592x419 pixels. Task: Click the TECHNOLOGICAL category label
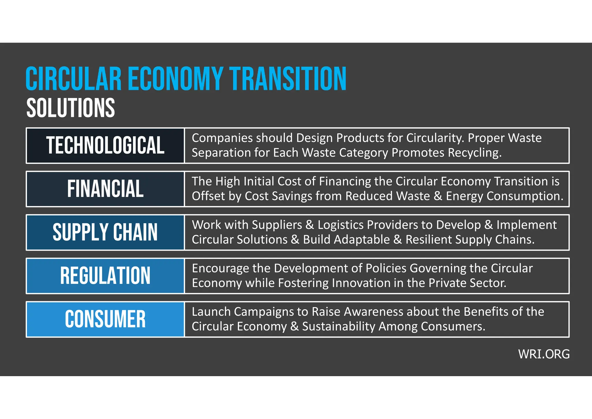pyautogui.click(x=105, y=145)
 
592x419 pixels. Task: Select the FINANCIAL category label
pyautogui.click(x=105, y=189)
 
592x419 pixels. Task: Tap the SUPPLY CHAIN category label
pyautogui.click(x=105, y=232)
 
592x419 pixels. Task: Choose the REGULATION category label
pyautogui.click(x=105, y=275)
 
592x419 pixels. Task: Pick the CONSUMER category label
pyautogui.click(x=105, y=319)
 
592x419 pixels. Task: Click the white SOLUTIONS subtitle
pyautogui.click(x=71, y=108)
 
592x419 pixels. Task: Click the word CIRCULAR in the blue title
pyautogui.click(x=74, y=79)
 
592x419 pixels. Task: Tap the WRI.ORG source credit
pyautogui.click(x=544, y=354)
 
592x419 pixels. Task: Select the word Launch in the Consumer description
pyautogui.click(x=211, y=312)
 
